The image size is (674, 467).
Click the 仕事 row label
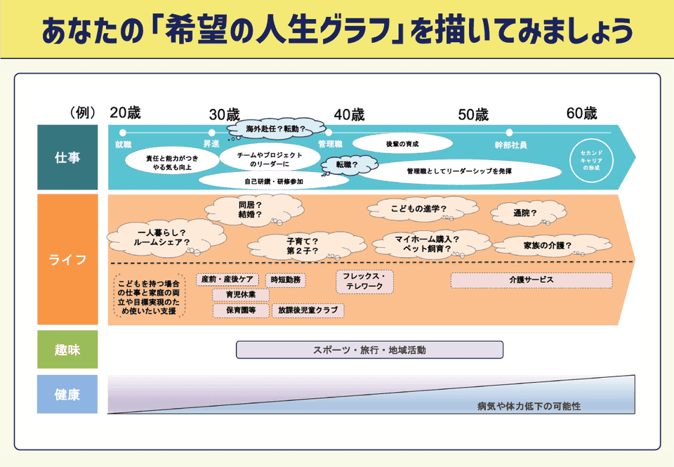pyautogui.click(x=67, y=157)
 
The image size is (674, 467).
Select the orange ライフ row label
pyautogui.click(x=67, y=260)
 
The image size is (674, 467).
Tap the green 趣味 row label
pyautogui.click(x=67, y=349)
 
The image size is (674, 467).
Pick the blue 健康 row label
pyautogui.click(x=67, y=394)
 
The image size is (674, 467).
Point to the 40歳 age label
pyautogui.click(x=349, y=114)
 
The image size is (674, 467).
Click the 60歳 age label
pyautogui.click(x=581, y=113)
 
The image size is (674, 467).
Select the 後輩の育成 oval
pyautogui.click(x=402, y=143)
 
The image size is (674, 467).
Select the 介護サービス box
pyautogui.click(x=531, y=279)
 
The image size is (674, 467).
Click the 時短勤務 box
pyautogui.click(x=286, y=279)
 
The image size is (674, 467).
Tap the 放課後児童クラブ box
pyautogui.click(x=307, y=310)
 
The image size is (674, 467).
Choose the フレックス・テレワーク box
pyautogui.click(x=364, y=282)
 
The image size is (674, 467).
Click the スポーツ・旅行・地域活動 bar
pyautogui.click(x=369, y=349)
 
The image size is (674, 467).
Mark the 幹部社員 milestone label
pyautogui.click(x=510, y=145)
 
